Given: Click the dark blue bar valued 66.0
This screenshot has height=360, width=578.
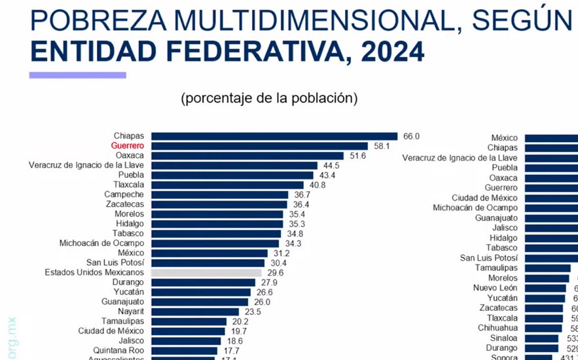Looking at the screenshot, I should click(274, 136).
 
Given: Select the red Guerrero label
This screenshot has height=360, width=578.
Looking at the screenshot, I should click(128, 146).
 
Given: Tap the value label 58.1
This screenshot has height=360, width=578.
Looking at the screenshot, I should click(382, 146).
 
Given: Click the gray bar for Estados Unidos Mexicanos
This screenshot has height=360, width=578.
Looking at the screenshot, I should click(206, 272).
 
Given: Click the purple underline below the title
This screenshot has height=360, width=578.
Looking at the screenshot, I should click(86, 75).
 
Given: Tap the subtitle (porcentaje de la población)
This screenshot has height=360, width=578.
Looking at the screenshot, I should click(269, 99).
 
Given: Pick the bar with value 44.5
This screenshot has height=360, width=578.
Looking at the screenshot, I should click(234, 166).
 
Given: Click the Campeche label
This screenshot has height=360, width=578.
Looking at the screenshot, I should click(124, 195).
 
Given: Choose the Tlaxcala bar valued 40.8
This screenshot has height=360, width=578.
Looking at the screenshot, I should click(227, 185).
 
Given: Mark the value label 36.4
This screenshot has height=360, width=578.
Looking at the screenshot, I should click(302, 205).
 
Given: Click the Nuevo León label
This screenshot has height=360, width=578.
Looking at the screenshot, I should click(495, 288).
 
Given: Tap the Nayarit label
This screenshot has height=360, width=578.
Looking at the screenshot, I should click(128, 312).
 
